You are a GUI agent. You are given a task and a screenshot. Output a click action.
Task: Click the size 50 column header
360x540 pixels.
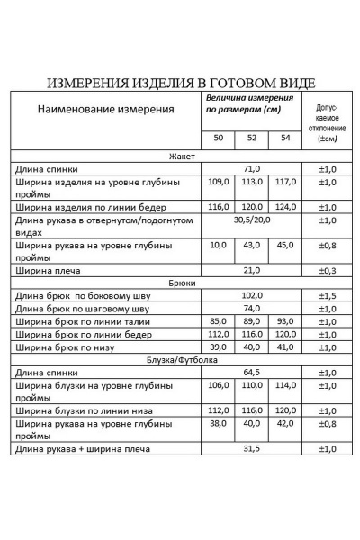pos(218,139)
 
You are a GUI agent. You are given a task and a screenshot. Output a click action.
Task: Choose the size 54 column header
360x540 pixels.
pos(285,139)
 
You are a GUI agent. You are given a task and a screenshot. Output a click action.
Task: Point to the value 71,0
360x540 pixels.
pos(251,168)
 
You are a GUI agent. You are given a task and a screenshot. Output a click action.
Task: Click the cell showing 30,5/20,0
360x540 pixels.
pos(251,220)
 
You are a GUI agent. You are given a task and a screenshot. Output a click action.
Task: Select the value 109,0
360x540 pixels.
pos(218,182)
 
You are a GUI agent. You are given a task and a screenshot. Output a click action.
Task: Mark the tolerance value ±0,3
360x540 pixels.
pos(328,270)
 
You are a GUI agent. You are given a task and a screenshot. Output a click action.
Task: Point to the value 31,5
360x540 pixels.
pos(251,448)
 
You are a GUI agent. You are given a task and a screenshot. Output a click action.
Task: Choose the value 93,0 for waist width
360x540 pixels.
pos(285,321)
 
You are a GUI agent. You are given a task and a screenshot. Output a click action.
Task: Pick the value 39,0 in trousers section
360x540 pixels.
pos(218,346)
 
